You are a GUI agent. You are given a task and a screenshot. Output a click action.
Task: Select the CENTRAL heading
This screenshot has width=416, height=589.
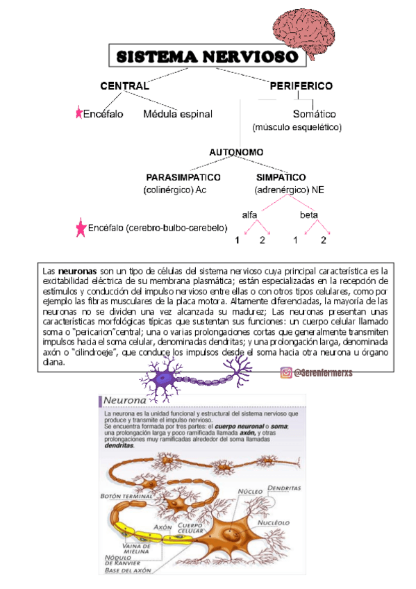(124, 86)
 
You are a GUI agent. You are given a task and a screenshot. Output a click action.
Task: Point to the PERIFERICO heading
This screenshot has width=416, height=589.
(301, 86)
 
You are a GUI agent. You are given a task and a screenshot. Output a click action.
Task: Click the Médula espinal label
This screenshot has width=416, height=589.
(178, 114)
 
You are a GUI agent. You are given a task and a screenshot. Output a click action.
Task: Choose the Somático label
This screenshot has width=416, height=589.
(314, 114)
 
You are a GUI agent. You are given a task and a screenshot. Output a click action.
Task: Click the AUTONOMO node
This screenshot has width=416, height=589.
(236, 151)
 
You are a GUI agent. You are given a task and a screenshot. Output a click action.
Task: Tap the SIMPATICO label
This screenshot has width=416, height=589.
(281, 177)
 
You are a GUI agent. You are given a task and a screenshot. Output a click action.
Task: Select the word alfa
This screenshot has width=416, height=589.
(251, 215)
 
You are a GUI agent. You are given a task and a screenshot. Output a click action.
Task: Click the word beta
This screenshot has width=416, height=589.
(309, 215)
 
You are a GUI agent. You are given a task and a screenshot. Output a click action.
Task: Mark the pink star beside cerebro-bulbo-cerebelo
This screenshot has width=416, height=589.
(81, 229)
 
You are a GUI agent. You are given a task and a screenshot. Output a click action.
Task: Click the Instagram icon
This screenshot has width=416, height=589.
(285, 373)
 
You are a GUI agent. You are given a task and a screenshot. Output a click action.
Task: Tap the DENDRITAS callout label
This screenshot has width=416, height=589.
(285, 488)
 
